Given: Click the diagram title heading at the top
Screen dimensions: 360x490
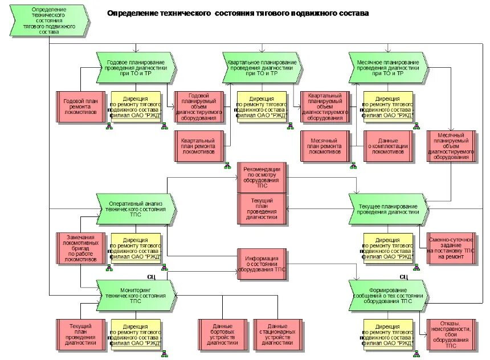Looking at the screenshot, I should (238, 13).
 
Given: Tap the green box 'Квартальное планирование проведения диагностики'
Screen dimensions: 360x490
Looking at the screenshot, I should (262, 68).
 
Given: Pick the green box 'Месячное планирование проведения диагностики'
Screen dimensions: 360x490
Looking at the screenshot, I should (388, 68).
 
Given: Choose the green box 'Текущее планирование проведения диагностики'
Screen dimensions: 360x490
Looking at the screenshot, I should (388, 209).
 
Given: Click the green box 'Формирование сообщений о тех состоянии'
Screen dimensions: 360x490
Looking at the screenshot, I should (388, 295).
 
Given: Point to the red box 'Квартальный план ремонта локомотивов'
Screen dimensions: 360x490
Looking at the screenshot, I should (198, 146).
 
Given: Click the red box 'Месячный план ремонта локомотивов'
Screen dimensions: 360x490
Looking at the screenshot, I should (325, 146).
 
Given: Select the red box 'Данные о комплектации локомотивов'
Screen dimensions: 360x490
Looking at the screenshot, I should (388, 146).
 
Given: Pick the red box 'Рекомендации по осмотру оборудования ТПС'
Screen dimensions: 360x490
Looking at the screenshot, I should (262, 177).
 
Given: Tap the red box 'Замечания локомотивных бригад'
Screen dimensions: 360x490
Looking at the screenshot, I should (80, 248).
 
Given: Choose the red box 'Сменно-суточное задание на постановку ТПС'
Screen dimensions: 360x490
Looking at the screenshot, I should (451, 248).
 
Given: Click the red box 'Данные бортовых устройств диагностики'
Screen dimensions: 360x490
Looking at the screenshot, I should (222, 334).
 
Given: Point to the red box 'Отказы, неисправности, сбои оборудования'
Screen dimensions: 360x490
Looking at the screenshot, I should (451, 334).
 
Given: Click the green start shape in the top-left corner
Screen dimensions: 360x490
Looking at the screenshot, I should (48, 22).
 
